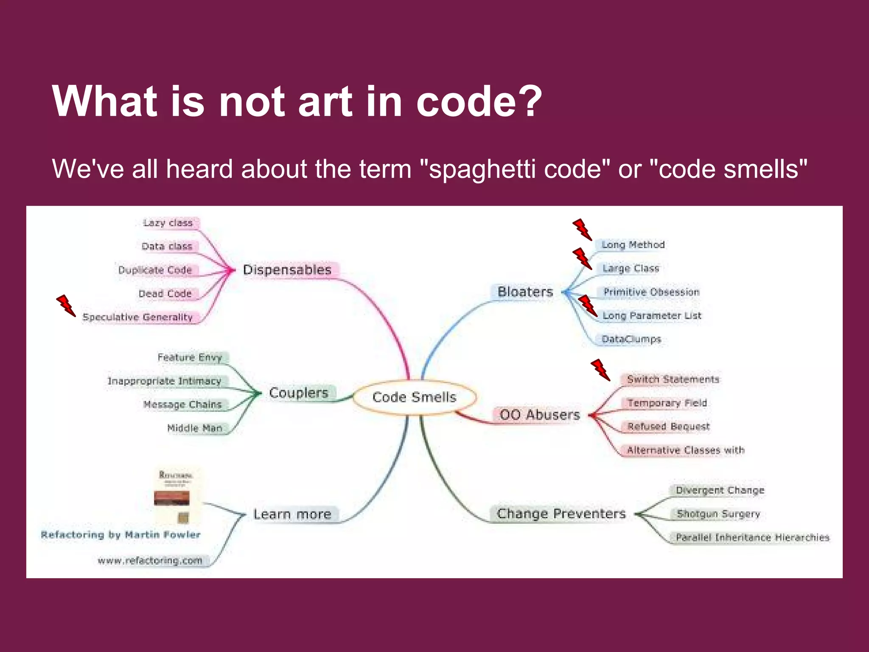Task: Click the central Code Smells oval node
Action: [x=414, y=397]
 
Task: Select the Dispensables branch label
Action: [x=287, y=270]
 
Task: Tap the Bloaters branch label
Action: [x=525, y=292]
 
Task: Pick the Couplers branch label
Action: [x=299, y=393]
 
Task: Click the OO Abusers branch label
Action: [x=539, y=414]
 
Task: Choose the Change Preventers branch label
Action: [x=561, y=514]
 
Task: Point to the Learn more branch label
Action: [x=292, y=514]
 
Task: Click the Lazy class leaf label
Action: [x=168, y=223]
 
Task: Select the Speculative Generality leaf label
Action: [x=137, y=317]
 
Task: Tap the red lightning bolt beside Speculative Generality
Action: [x=66, y=306]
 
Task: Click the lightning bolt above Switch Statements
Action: [x=600, y=370]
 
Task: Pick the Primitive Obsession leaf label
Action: [x=651, y=292]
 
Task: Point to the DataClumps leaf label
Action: [x=631, y=339]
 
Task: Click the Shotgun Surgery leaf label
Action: [x=718, y=514]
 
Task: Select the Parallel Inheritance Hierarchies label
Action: [x=752, y=537]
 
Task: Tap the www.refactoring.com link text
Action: [x=150, y=561]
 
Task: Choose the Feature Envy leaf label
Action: [x=190, y=357]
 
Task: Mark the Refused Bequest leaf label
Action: [x=668, y=426]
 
